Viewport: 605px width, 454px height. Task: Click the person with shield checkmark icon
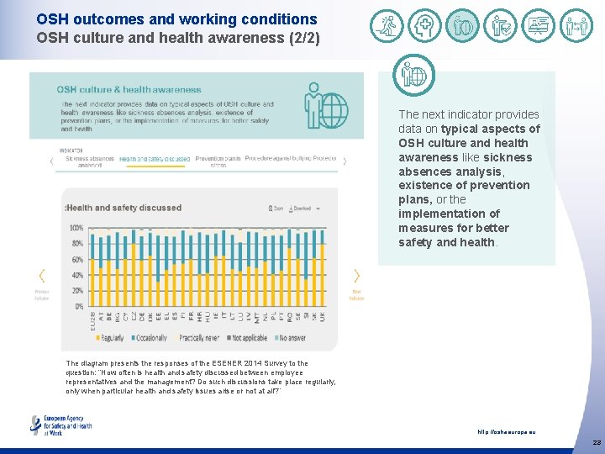point(501,26)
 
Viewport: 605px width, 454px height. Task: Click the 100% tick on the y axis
point(76,229)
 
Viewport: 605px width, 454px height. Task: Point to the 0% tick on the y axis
point(77,307)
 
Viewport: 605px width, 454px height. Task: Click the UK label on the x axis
point(322,318)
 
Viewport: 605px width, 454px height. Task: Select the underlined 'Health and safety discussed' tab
point(154,159)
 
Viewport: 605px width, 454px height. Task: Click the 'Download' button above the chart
point(300,208)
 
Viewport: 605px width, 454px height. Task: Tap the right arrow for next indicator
point(356,276)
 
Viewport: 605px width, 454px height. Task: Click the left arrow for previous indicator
point(42,276)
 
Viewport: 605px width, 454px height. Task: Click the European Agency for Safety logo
point(60,425)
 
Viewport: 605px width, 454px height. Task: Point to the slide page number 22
point(596,442)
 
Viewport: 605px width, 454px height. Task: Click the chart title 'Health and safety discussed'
point(124,208)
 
